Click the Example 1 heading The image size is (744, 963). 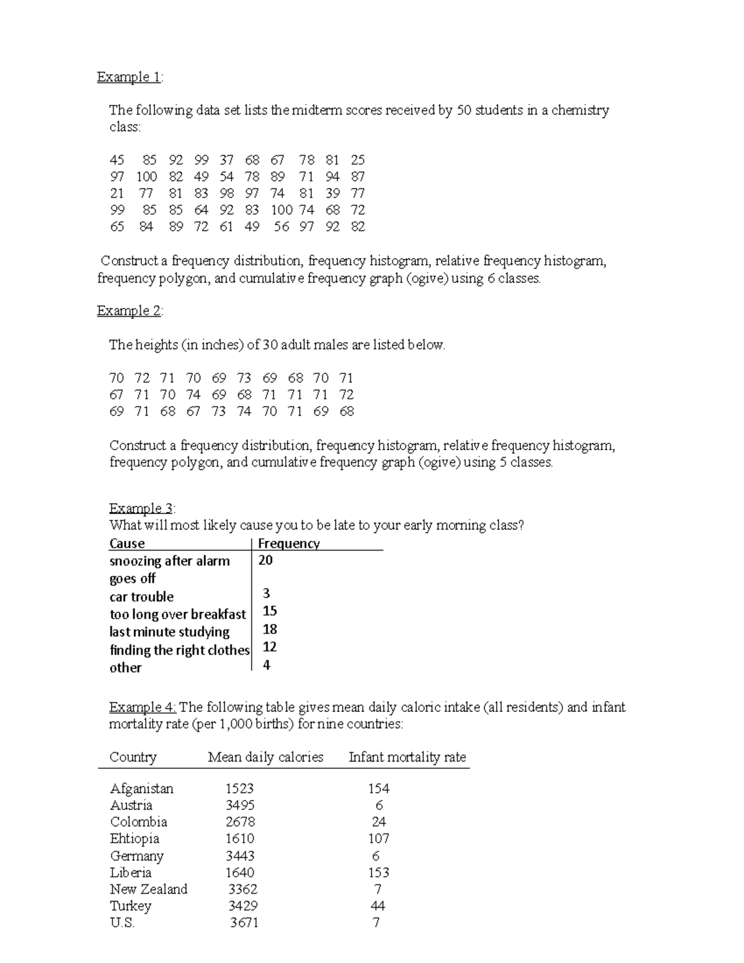click(x=129, y=77)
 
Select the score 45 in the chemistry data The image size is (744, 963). click(x=117, y=160)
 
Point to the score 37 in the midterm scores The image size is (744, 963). click(x=226, y=160)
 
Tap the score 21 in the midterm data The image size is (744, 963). click(x=117, y=193)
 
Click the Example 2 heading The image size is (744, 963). click(x=129, y=311)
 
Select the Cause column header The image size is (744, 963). click(x=127, y=544)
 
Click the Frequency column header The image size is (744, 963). click(x=288, y=544)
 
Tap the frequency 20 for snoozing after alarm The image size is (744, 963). click(x=265, y=561)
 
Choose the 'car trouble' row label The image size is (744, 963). click(x=141, y=597)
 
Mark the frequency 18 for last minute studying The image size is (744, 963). click(x=270, y=629)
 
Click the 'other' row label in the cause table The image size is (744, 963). click(x=125, y=668)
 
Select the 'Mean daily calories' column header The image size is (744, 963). click(x=265, y=757)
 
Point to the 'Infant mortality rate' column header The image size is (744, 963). click(x=407, y=757)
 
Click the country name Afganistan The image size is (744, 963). click(x=141, y=789)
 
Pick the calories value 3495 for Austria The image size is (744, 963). click(x=240, y=805)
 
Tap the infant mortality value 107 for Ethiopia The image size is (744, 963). click(x=378, y=839)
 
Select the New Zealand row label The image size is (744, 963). click(x=148, y=889)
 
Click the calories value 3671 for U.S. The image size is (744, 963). click(x=244, y=923)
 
